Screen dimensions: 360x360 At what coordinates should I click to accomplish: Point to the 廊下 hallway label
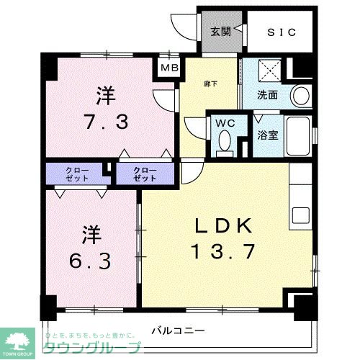coord(209,84)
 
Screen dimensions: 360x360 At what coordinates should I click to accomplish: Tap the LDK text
coord(223,227)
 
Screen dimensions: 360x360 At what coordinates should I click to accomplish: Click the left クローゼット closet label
coord(74,173)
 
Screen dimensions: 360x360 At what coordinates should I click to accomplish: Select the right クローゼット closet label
coord(145,173)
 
